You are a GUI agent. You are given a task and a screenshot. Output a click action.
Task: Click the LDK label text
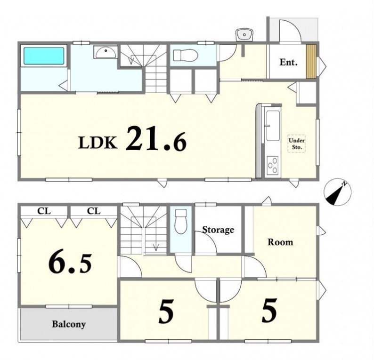click(98, 143)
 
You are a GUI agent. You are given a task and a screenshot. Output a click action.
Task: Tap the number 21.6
click(156, 139)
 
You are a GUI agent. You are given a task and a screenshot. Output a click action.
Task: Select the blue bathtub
click(44, 56)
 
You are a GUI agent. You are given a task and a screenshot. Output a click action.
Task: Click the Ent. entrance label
click(288, 62)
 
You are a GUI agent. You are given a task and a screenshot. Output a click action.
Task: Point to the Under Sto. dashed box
click(296, 144)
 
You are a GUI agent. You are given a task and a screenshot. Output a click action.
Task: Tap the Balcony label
click(69, 324)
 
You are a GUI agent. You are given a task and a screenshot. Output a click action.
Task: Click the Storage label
click(218, 230)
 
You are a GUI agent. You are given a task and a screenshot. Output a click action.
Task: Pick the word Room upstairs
click(280, 242)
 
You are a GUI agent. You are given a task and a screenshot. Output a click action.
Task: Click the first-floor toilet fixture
click(186, 55)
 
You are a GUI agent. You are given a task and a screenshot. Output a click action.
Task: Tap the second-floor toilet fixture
click(180, 222)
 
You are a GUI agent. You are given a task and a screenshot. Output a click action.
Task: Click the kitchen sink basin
click(273, 126)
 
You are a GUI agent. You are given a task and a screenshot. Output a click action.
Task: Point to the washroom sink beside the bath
click(106, 52)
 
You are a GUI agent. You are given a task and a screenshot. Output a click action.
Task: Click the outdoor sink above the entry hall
click(244, 35)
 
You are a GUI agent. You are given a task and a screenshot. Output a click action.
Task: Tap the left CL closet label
click(44, 211)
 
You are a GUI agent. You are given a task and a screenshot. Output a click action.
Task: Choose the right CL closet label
click(94, 211)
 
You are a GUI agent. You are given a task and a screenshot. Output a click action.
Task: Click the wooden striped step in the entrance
click(311, 61)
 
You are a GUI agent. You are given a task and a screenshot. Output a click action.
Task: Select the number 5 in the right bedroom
click(269, 311)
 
